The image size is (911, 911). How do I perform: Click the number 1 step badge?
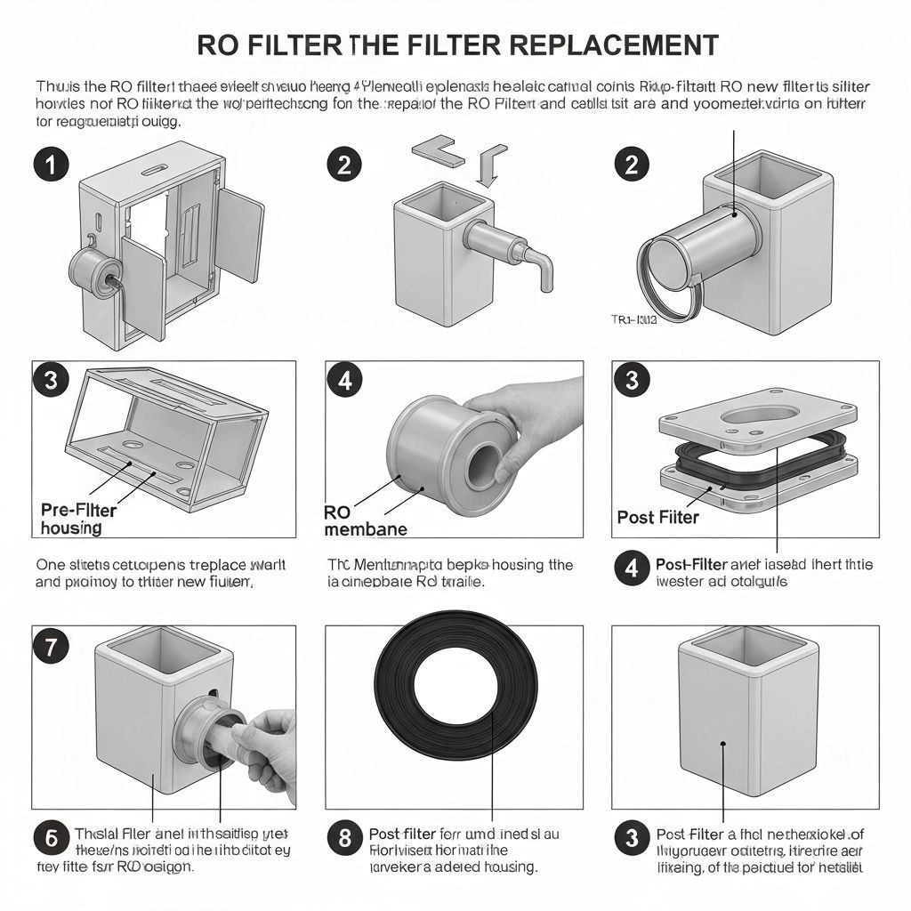click(x=52, y=165)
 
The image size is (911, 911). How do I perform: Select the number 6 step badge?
click(x=52, y=837)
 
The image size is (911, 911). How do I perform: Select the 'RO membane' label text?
click(x=365, y=520)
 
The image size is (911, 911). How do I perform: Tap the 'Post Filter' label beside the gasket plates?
click(x=657, y=517)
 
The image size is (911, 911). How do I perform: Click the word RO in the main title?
click(x=218, y=44)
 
